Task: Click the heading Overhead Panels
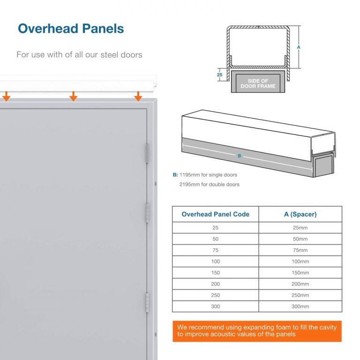(71, 29)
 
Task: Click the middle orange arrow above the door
(73, 96)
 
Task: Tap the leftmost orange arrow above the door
(6, 96)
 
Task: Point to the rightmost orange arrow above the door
(138, 96)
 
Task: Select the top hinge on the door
(147, 153)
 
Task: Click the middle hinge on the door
(147, 213)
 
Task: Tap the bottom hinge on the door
(147, 302)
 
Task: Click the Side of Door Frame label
(258, 83)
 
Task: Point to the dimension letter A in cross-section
(299, 47)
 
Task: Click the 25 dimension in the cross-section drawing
(219, 74)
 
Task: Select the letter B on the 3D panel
(240, 156)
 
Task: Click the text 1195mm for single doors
(208, 175)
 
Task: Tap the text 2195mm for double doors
(209, 184)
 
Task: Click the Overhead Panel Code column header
(215, 214)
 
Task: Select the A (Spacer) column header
(300, 214)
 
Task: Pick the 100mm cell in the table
(300, 262)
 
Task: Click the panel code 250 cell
(215, 295)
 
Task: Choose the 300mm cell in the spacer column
(300, 307)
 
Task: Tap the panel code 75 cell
(215, 250)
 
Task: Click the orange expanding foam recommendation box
(257, 331)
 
